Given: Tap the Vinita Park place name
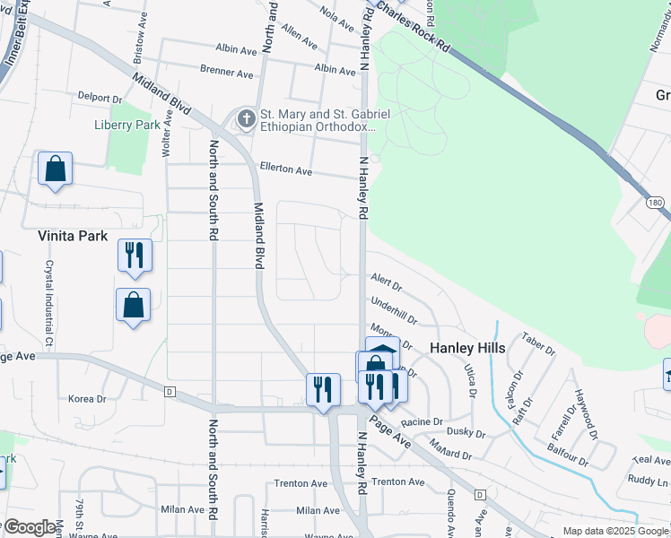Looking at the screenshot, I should click(x=73, y=236).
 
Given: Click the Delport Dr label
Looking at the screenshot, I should click(x=99, y=97).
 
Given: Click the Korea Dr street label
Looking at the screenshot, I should click(x=87, y=397).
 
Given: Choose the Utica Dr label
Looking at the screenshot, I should click(x=469, y=380).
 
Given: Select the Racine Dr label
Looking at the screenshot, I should click(x=423, y=421).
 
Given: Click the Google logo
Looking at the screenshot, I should click(x=30, y=527).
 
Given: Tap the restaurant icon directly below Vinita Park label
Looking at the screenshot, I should click(x=135, y=256).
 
